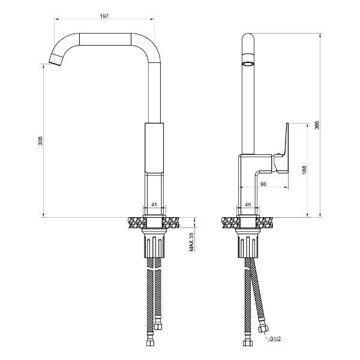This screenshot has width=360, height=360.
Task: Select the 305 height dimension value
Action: tap(40, 141)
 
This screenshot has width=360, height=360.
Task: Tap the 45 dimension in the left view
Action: tap(154, 205)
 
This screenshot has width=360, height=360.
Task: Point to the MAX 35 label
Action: tap(191, 242)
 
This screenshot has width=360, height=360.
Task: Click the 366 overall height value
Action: tap(317, 125)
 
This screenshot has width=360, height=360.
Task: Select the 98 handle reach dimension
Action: tap(263, 184)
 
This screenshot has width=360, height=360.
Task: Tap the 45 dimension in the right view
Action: tap(248, 205)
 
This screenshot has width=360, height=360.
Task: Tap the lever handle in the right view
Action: tap(283, 150)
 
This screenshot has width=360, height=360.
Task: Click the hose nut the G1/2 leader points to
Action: tap(263, 331)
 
